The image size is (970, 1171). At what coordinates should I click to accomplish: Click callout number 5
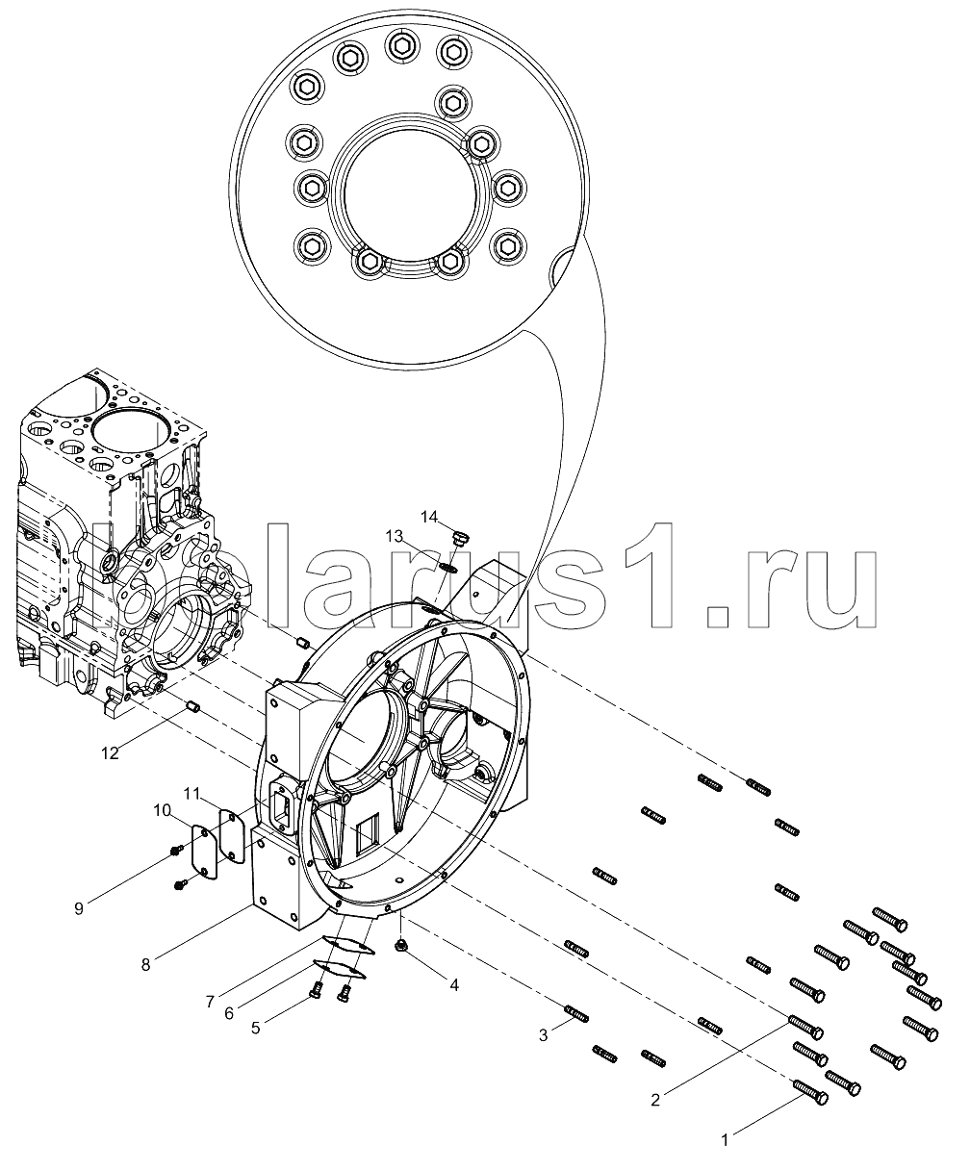pyautogui.click(x=256, y=1028)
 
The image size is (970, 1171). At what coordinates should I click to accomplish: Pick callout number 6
pyautogui.click(x=229, y=1013)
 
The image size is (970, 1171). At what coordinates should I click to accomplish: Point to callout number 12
pyautogui.click(x=110, y=753)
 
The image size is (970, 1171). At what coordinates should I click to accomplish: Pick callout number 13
pyautogui.click(x=395, y=536)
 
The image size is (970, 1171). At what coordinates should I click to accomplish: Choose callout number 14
pyautogui.click(x=429, y=516)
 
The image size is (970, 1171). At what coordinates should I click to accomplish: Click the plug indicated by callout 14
pyautogui.click(x=460, y=540)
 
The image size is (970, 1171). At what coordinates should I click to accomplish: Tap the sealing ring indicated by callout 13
pyautogui.click(x=449, y=568)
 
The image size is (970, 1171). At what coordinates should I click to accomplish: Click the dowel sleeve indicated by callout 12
pyautogui.click(x=193, y=705)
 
